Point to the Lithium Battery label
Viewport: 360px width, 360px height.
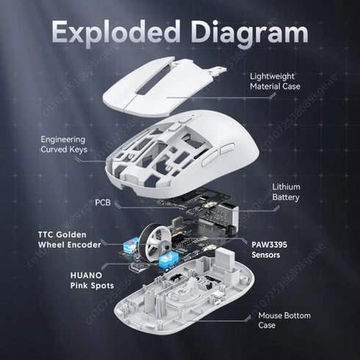[286, 192]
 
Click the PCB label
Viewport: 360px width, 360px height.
[103, 201]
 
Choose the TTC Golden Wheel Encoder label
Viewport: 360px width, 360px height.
[67, 240]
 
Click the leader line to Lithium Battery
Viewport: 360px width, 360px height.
[250, 192]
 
